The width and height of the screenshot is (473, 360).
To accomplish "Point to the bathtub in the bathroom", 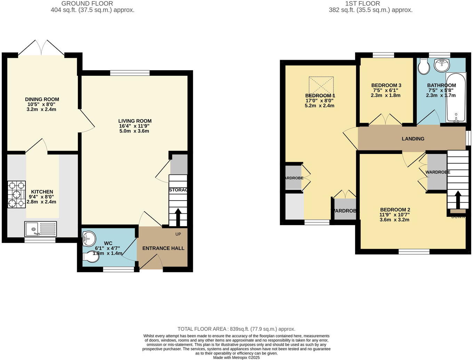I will click(x=456, y=98).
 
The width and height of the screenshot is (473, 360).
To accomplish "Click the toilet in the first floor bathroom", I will click(x=424, y=67).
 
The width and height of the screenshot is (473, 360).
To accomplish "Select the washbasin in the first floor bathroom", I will click(x=442, y=65).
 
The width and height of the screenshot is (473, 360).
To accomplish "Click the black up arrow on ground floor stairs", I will click(x=178, y=217).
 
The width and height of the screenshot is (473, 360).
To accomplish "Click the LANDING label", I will click(x=413, y=139).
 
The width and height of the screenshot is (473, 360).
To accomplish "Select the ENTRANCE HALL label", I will click(x=163, y=248).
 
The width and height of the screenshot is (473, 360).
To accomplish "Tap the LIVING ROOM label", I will click(x=135, y=121).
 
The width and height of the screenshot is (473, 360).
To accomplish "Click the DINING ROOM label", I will click(x=42, y=99).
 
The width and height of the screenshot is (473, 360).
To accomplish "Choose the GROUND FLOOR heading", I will click(x=87, y=3).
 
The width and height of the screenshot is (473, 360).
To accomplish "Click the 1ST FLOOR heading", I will click(x=362, y=3).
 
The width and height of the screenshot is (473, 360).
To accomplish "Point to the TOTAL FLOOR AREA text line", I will click(x=236, y=329).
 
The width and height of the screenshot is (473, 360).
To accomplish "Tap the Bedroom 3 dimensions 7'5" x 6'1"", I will click(x=386, y=90).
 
